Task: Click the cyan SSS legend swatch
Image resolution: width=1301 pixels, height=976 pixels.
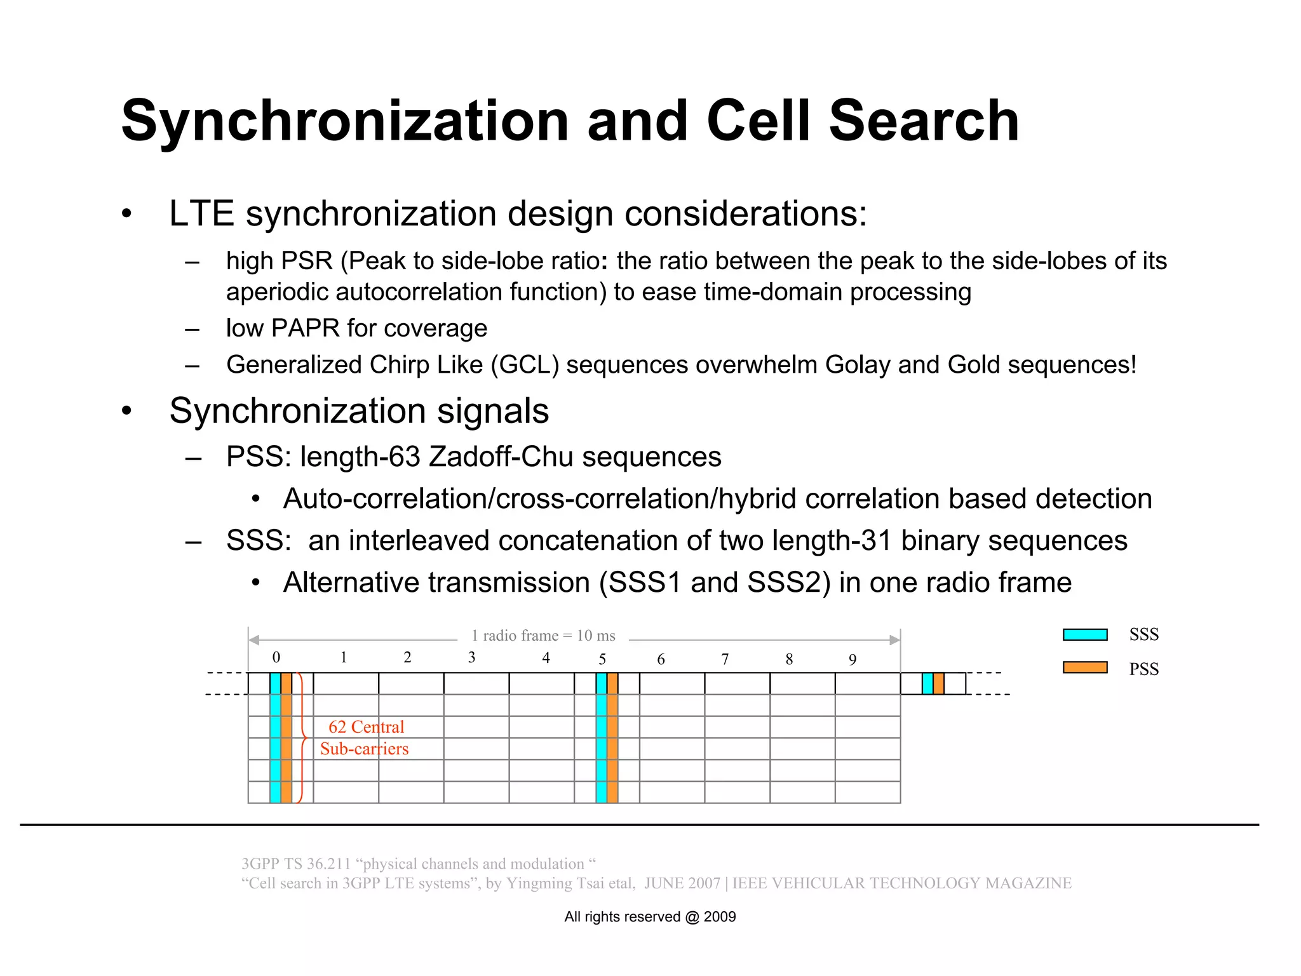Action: (x=1085, y=634)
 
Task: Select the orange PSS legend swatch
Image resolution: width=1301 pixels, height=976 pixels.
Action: (x=1085, y=667)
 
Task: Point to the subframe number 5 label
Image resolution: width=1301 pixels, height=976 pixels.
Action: (x=602, y=659)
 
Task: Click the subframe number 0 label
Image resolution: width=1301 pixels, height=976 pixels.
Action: (x=276, y=657)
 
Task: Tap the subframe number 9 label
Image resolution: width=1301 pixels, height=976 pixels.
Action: (x=853, y=660)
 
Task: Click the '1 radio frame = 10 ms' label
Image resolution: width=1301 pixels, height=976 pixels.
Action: (x=543, y=636)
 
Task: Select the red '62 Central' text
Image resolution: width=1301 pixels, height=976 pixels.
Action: (x=366, y=726)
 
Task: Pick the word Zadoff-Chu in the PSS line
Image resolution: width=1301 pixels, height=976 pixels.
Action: (x=501, y=457)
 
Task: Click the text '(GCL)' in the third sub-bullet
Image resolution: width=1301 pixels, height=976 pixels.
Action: (x=525, y=365)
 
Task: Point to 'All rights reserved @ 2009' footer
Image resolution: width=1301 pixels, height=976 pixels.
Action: (x=650, y=916)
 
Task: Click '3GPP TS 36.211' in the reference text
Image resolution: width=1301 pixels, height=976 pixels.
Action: (x=296, y=864)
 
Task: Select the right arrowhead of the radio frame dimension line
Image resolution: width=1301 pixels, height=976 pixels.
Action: (x=895, y=640)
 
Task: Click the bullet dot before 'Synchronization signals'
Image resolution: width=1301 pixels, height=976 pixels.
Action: (x=127, y=411)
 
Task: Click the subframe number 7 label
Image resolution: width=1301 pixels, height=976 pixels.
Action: (x=725, y=660)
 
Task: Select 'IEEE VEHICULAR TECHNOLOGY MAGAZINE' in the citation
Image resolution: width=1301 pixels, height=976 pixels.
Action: (x=901, y=883)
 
